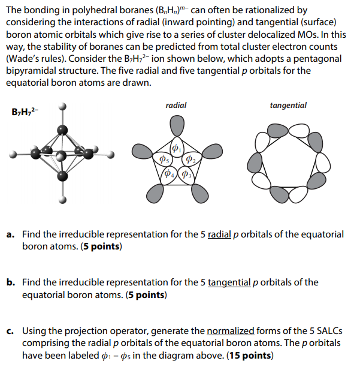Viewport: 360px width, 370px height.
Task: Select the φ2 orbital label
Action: (189, 159)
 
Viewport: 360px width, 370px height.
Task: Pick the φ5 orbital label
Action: (162, 159)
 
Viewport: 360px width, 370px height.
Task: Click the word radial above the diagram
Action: (176, 106)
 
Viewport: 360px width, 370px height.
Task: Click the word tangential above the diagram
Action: (288, 106)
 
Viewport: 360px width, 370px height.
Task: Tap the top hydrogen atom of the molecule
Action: (63, 107)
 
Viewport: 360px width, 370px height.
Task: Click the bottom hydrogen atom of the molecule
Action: (63, 201)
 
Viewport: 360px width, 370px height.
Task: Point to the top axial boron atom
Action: (62, 130)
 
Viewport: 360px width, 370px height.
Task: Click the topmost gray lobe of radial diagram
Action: (176, 125)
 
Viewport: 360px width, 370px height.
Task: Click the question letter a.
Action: (10, 235)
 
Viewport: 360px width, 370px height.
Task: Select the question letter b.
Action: (10, 282)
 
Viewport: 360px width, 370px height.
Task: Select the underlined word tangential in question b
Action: (229, 282)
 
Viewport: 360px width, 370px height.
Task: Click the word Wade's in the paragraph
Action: (23, 59)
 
